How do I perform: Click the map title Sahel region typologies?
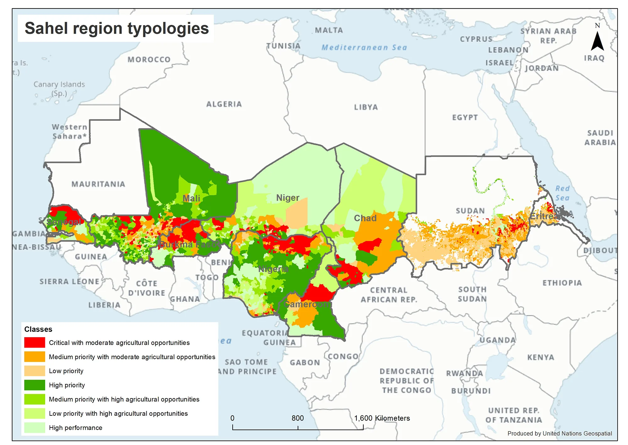(x=116, y=28)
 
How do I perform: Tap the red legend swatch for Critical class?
(x=35, y=342)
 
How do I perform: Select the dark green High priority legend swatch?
(x=35, y=385)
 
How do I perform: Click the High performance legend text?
(x=75, y=428)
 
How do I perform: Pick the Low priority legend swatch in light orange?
(x=35, y=371)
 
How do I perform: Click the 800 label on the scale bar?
(x=297, y=418)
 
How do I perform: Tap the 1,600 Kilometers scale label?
(x=382, y=418)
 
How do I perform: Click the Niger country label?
(x=288, y=198)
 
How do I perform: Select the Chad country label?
(x=365, y=218)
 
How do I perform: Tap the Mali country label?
(x=191, y=198)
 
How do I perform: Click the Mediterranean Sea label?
(x=364, y=47)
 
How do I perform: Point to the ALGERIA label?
(x=224, y=104)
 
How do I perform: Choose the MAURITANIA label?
(x=98, y=184)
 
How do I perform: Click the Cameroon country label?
(x=306, y=304)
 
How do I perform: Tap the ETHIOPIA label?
(x=562, y=283)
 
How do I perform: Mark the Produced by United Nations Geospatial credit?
(x=560, y=433)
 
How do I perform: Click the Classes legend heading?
(x=38, y=329)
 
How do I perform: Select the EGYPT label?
(x=465, y=117)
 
